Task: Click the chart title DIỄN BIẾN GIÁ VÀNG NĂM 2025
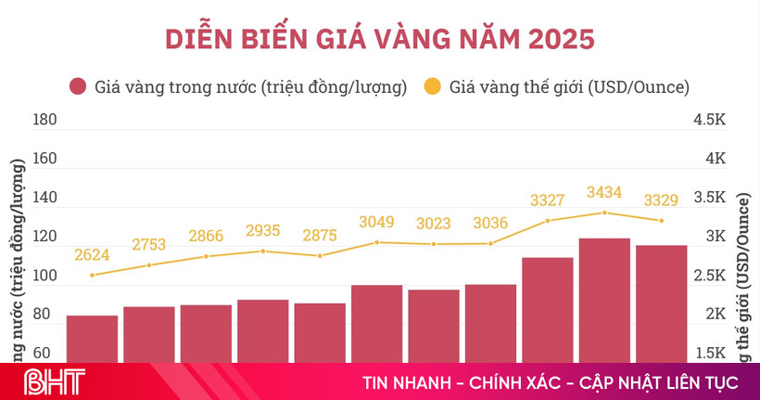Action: (x=380, y=40)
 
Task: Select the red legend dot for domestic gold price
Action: (x=78, y=87)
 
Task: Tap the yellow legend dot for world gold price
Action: (x=432, y=87)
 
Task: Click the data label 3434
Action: (x=604, y=192)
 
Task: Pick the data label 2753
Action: (x=148, y=245)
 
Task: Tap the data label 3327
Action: (x=548, y=200)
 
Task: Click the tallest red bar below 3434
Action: (x=604, y=300)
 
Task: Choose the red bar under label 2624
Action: (x=92, y=339)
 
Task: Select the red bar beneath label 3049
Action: (x=376, y=323)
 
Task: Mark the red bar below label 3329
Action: (x=661, y=303)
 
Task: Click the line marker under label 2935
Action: (x=263, y=251)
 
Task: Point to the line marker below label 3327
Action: (x=548, y=220)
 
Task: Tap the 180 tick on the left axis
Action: (x=44, y=120)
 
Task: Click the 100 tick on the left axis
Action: (x=44, y=277)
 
